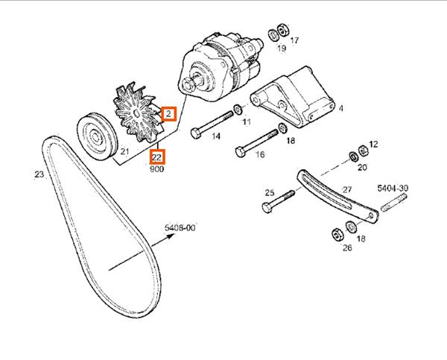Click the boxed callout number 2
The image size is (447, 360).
click(168, 114)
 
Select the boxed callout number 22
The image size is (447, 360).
click(157, 157)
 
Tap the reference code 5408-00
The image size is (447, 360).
click(180, 228)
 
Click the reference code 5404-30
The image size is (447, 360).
click(393, 189)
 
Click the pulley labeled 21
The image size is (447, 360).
click(98, 136)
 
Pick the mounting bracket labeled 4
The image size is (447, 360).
click(293, 97)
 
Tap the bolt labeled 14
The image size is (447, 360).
click(212, 124)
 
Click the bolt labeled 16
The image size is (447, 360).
click(256, 143)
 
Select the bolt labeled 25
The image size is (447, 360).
click(278, 202)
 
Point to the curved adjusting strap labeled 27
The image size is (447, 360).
click(337, 197)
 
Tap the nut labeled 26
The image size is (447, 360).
click(337, 235)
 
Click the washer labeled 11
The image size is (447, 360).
click(237, 109)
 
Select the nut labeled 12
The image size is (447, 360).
click(364, 151)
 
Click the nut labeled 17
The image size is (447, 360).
click(283, 30)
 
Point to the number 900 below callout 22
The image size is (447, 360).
click(156, 169)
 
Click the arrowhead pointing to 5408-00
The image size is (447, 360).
click(171, 236)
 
